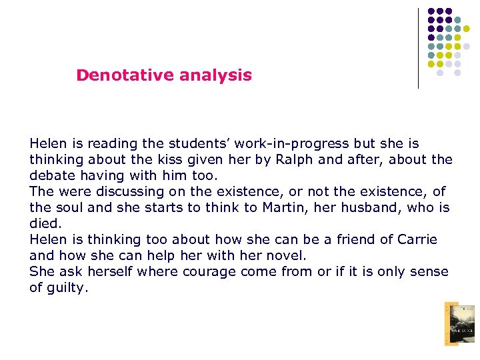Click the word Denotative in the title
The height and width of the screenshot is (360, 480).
[116, 75]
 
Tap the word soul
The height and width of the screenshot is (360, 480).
[67, 207]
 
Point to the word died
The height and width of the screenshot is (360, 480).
[43, 223]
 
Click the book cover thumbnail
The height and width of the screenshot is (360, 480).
[460, 323]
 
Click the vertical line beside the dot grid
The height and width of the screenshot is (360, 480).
[419, 48]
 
